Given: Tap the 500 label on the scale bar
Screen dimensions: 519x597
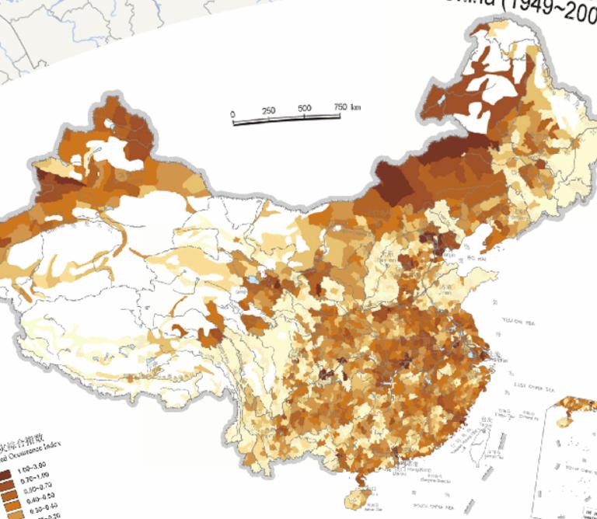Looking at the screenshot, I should pyautogui.click(x=304, y=109).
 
